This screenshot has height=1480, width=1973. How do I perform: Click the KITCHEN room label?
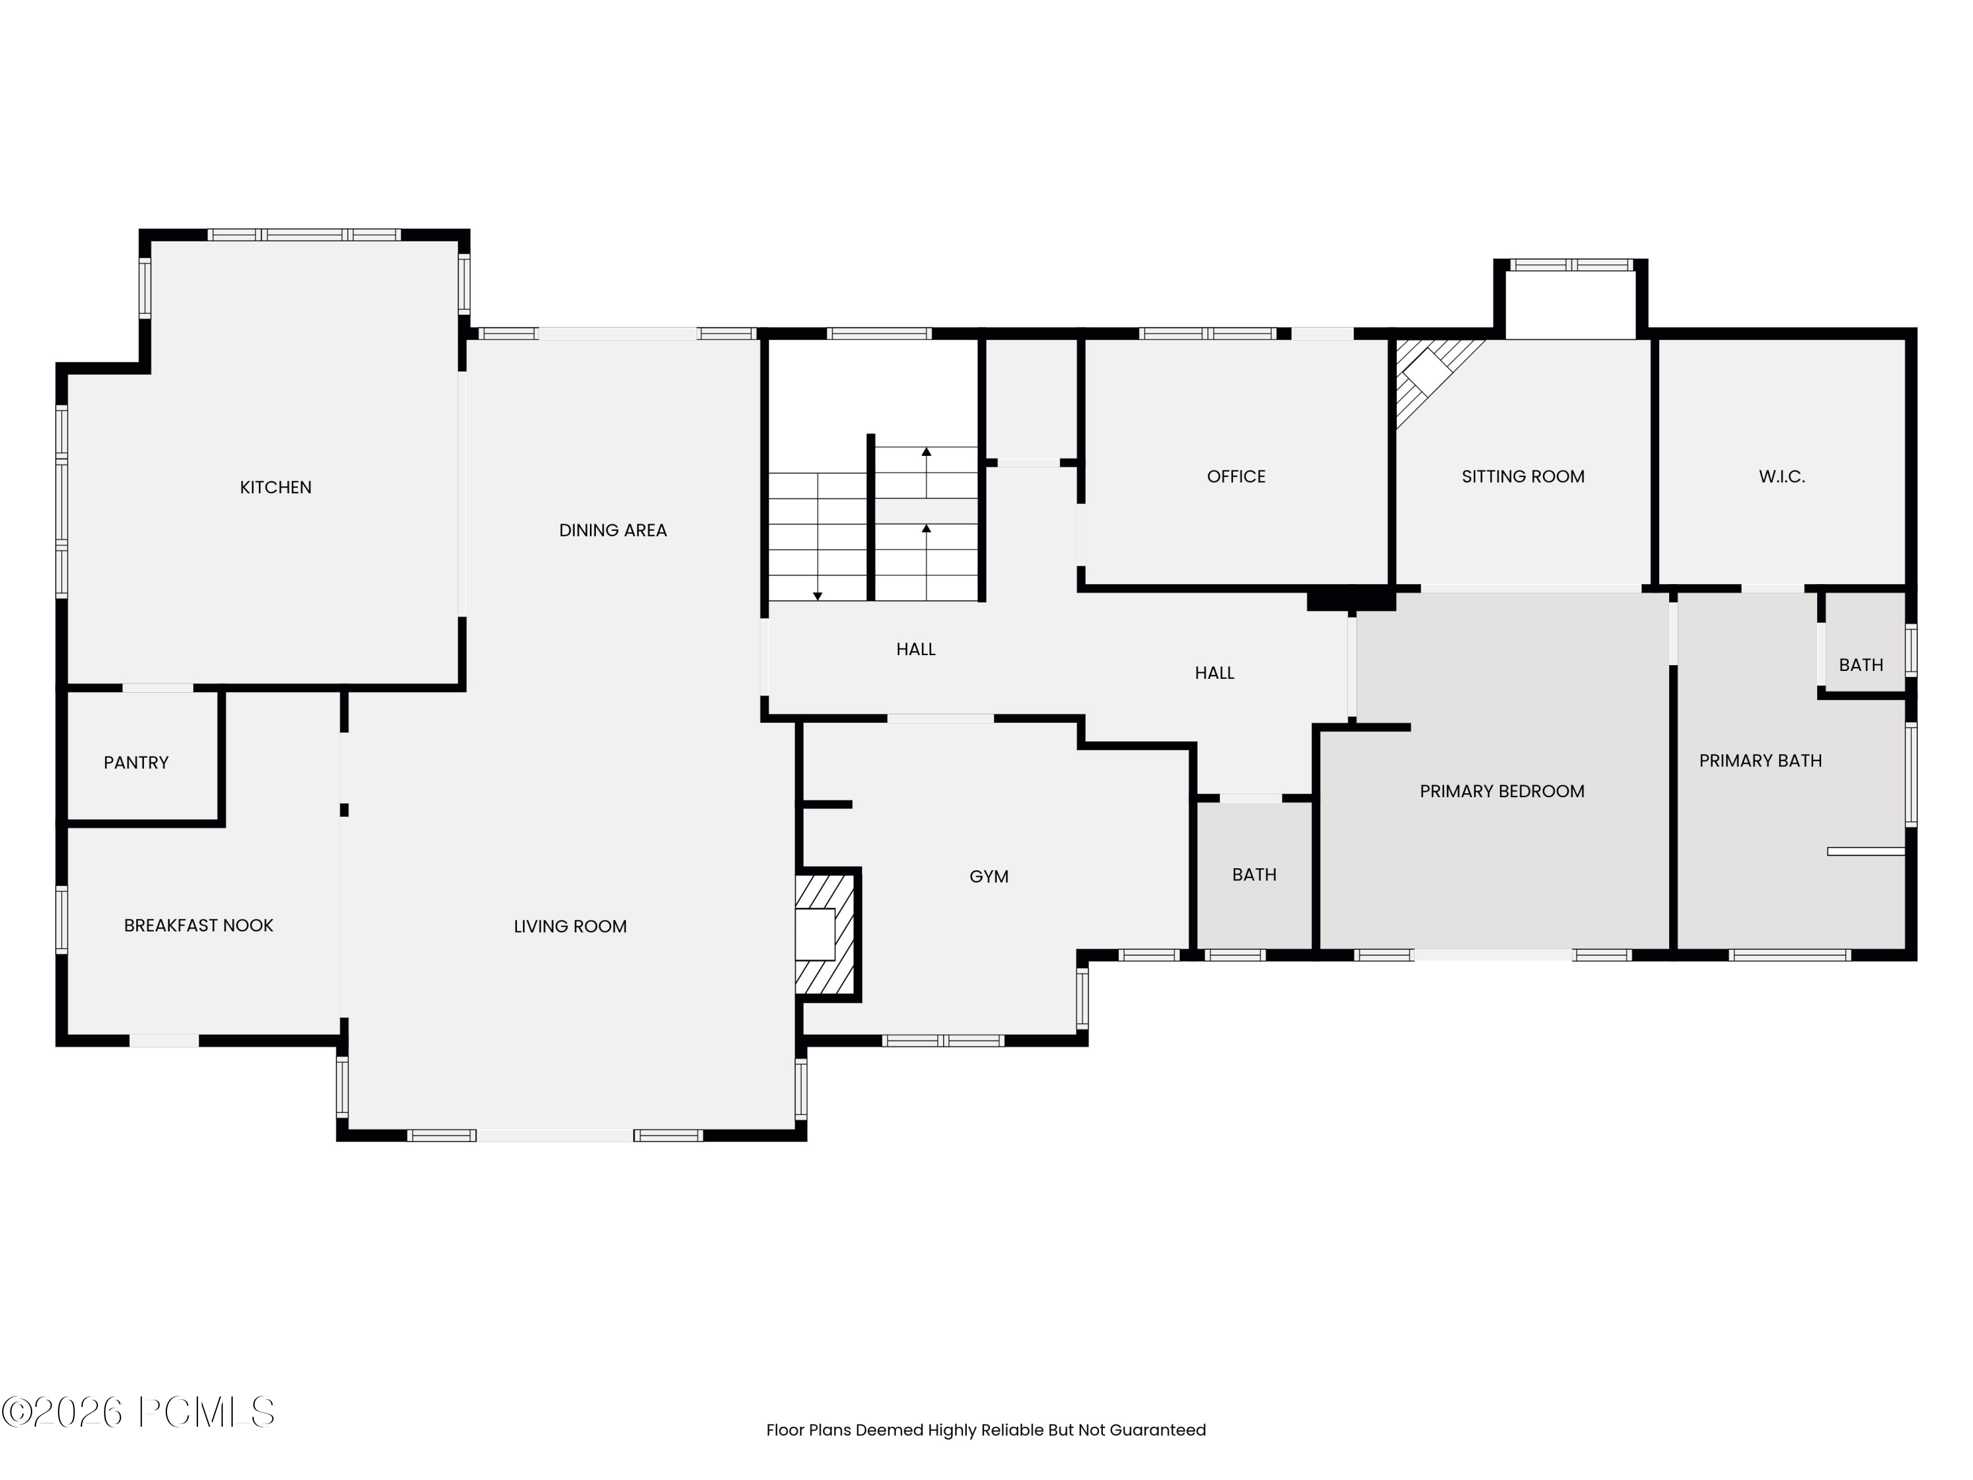click(276, 487)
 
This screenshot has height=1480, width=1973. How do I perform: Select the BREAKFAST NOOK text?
click(198, 926)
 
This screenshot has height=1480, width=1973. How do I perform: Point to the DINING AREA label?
click(613, 531)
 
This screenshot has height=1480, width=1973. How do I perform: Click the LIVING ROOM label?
click(570, 927)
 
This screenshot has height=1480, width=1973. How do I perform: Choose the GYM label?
click(988, 877)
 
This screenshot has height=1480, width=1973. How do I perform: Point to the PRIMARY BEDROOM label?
click(1502, 791)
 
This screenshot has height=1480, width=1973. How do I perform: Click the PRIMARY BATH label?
click(1760, 761)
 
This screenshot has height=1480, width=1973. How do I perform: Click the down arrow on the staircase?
click(817, 595)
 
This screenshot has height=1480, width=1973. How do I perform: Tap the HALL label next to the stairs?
click(915, 649)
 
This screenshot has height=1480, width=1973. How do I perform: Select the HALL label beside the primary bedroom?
click(1214, 674)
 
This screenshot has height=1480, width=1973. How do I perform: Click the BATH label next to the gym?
click(1254, 875)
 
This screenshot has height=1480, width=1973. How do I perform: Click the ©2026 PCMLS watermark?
click(138, 1412)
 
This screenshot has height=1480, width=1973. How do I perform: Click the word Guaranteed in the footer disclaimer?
click(1157, 1430)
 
